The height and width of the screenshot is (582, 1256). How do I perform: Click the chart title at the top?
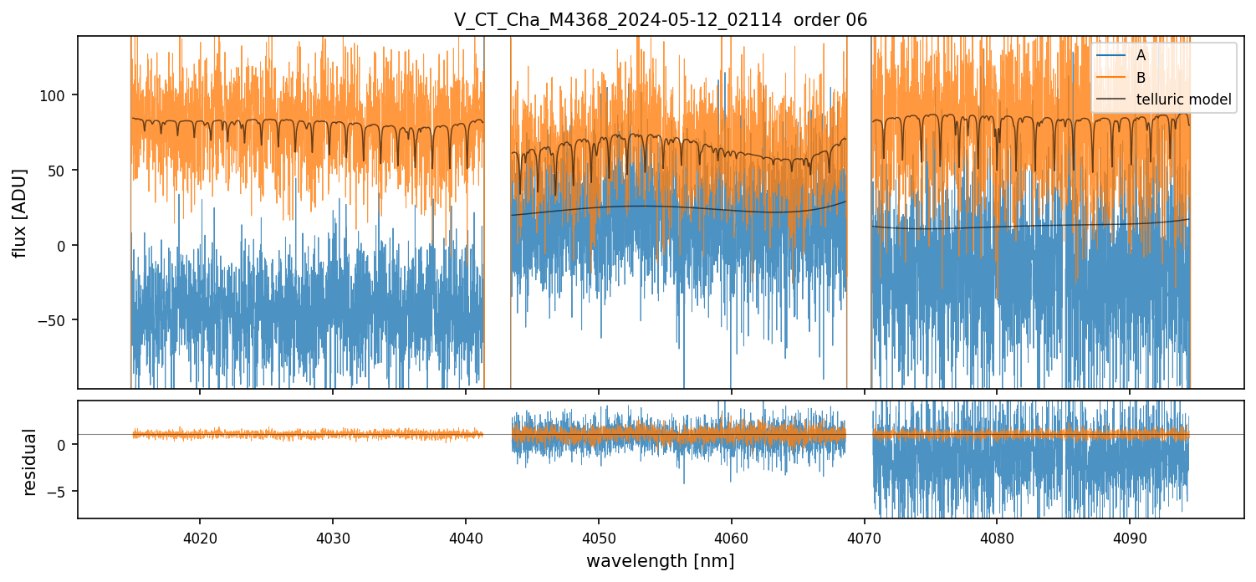661,20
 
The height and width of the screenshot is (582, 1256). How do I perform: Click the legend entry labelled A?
1141,55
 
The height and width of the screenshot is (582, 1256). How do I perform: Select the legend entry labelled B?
1141,78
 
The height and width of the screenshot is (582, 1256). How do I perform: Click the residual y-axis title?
30,462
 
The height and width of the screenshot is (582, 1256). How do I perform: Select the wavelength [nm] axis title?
660,560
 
